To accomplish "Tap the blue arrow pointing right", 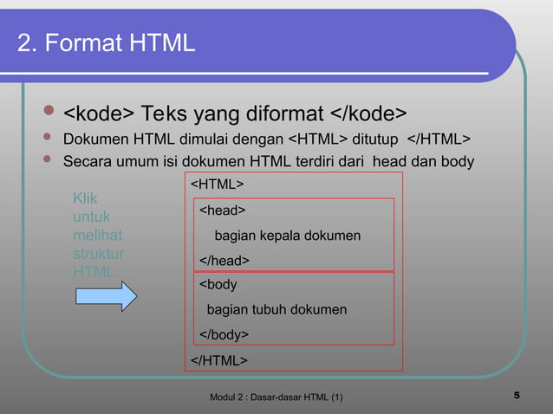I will point(105,295).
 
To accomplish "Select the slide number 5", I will point(517,396).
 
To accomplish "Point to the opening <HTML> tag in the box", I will point(217,184).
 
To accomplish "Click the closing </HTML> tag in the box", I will point(219,359).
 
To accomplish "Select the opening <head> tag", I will point(223,210).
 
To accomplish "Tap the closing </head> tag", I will point(224,261).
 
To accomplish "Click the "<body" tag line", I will point(218,285).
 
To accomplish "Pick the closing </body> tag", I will point(224,334).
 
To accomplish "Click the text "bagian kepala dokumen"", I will point(288,236).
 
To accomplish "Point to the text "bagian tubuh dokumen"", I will point(276,310).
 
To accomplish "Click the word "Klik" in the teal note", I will point(85,199).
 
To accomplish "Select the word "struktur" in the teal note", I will point(98,254).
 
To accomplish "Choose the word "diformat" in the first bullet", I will point(276,113).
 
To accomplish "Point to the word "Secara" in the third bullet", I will point(89,163).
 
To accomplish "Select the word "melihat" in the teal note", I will point(97,236).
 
